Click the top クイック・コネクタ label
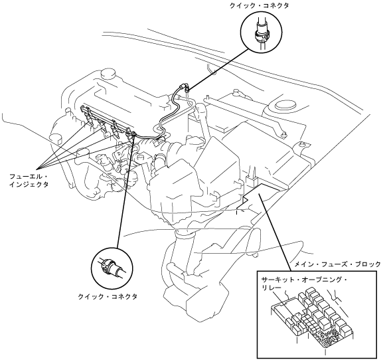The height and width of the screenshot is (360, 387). point(259,6)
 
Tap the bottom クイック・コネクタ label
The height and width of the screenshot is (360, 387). point(108,296)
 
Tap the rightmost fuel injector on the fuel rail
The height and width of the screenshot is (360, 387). point(129,135)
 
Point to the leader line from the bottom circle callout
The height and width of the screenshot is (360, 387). point(125,191)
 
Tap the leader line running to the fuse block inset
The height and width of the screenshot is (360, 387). point(274,229)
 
